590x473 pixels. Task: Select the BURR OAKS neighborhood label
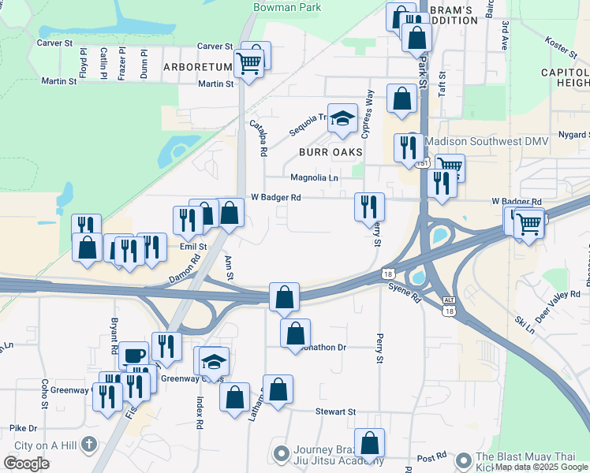pyautogui.click(x=330, y=151)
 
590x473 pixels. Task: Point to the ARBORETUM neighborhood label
pyautogui.click(x=197, y=67)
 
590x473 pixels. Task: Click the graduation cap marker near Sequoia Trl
pyautogui.click(x=342, y=119)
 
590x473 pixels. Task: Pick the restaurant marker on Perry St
pyautogui.click(x=369, y=207)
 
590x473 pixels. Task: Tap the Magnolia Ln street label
pyautogui.click(x=314, y=178)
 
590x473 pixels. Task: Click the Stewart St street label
pyautogui.click(x=336, y=412)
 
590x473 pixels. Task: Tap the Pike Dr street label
pyautogui.click(x=24, y=428)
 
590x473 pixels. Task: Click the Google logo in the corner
pyautogui.click(x=26, y=464)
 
